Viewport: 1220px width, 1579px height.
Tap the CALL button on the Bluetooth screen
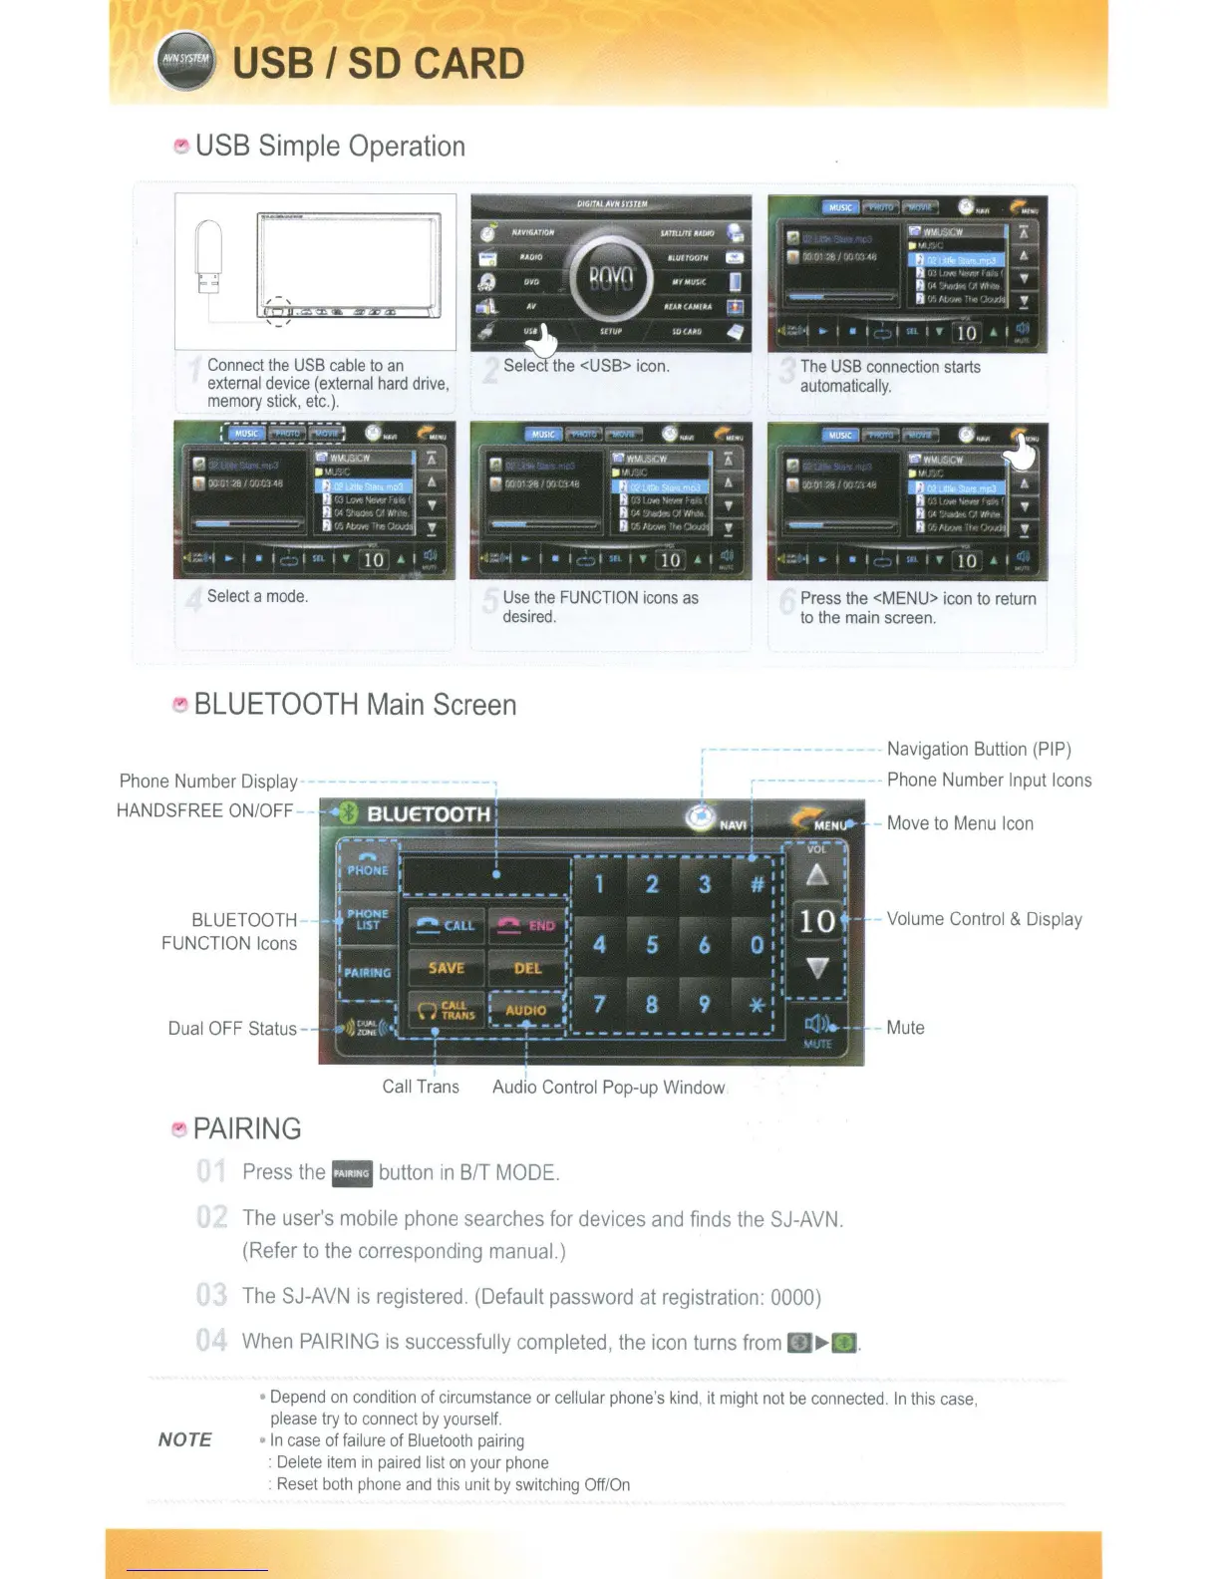point(447,925)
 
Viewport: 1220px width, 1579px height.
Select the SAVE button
point(447,968)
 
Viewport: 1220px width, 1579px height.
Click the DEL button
point(527,968)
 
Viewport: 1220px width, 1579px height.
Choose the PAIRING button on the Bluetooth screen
point(368,972)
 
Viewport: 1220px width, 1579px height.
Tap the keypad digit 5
point(652,944)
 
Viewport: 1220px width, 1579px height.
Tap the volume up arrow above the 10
point(817,875)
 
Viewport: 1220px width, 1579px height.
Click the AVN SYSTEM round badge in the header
point(185,60)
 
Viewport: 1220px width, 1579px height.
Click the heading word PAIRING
point(247,1128)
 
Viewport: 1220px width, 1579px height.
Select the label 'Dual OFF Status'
point(232,1029)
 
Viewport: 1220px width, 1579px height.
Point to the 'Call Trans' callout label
point(421,1087)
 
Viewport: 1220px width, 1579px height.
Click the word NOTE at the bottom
point(184,1439)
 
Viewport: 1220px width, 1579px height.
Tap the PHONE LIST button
point(368,919)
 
